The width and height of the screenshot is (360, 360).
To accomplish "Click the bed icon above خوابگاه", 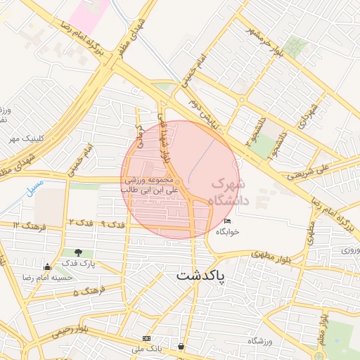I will [x=226, y=221].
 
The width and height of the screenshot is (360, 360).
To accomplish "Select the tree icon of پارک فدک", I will [x=78, y=252].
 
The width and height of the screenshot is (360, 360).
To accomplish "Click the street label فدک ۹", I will [x=112, y=224].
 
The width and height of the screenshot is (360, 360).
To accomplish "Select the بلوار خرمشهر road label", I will [x=265, y=43].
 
